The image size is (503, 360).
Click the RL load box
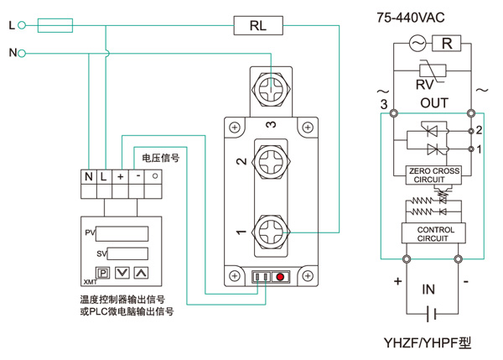coord(257,26)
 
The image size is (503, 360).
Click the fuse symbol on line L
coord(55,26)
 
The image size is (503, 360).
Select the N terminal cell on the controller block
coord(88,178)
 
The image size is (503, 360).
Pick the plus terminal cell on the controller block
coord(122,178)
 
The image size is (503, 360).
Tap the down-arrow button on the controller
coord(122,273)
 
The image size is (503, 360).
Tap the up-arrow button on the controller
coord(140,273)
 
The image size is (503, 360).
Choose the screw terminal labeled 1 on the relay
coord(271,229)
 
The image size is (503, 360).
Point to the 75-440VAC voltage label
coord(421,16)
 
